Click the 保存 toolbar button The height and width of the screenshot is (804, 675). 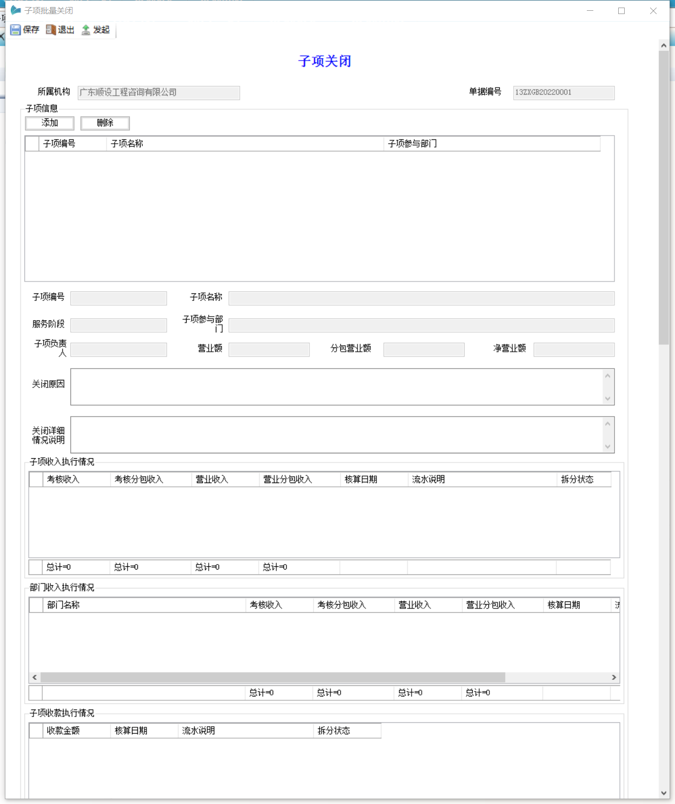25,30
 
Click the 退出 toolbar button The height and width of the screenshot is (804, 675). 60,30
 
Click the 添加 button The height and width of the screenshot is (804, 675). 50,123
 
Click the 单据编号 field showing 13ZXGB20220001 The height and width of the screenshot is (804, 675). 564,92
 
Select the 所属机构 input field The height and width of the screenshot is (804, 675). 158,92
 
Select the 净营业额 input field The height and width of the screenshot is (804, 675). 574,350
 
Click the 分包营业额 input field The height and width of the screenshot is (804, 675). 423,350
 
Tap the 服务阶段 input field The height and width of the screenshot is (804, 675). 118,325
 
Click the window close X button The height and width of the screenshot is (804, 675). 653,11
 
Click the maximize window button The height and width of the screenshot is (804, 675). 621,11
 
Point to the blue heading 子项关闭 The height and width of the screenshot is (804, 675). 325,61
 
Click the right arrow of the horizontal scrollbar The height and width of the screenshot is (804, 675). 614,677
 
